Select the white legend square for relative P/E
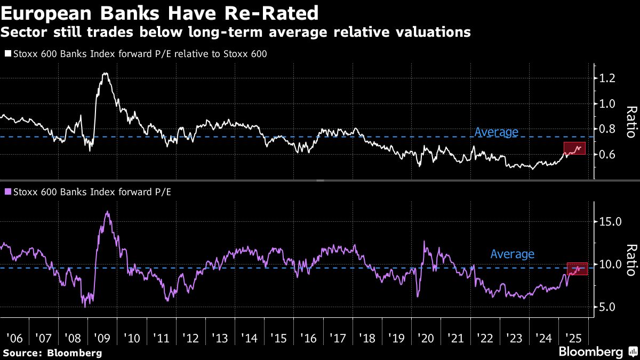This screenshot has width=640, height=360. pos(7,54)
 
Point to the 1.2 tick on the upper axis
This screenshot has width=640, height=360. pos(609,78)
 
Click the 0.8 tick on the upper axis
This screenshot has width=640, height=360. pos(609,129)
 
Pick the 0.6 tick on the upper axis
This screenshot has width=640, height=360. pos(609,155)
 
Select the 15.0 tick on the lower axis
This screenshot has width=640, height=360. pos(611,221)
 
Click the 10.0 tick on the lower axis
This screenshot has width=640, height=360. pos(611,265)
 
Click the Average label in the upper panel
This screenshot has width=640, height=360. pos(496,132)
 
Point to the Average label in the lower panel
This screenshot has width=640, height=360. pos(512,254)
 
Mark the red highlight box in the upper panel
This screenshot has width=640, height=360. pos(574,148)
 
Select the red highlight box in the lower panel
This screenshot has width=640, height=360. pos(577,269)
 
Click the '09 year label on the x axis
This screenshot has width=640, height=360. pos(102,338)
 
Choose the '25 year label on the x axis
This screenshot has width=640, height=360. pos(573,338)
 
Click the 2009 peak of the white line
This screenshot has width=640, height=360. pos(105,74)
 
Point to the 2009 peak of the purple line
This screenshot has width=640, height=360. pos(107,212)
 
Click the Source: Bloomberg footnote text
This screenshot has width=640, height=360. pos(52,353)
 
